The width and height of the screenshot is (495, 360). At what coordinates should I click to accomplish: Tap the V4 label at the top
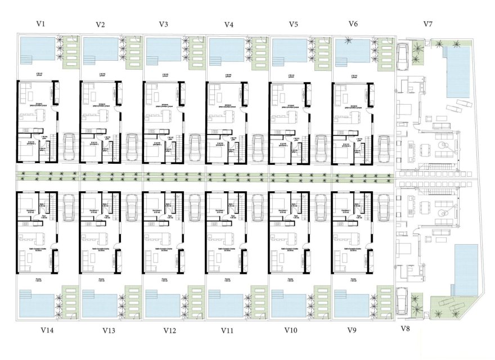tap(228, 24)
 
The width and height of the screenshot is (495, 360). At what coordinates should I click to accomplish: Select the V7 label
tap(427, 24)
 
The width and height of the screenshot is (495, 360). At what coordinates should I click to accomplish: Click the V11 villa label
tap(228, 330)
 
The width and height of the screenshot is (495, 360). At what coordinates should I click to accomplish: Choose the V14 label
tap(47, 330)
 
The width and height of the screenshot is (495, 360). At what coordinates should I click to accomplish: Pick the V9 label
tap(353, 330)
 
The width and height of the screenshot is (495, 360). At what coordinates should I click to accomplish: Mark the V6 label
tap(353, 24)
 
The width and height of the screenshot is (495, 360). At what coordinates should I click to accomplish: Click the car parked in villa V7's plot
tap(403, 55)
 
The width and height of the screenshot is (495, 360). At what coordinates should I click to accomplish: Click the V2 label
tap(101, 24)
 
